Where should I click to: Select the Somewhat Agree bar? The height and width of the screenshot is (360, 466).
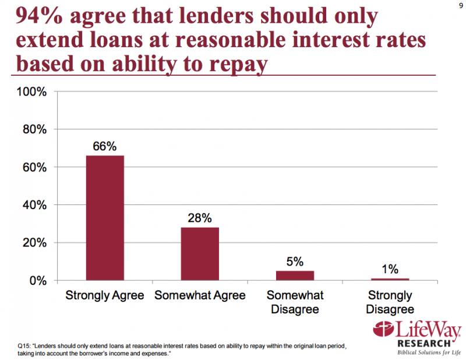tap(200, 253)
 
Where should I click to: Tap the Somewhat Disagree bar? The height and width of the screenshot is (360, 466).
tap(295, 276)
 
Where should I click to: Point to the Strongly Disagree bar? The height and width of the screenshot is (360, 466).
tap(390, 279)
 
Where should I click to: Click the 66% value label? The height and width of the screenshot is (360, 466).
tap(105, 146)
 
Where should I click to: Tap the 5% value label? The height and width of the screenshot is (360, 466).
tap(295, 261)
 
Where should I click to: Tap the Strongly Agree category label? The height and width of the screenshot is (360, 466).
tap(105, 295)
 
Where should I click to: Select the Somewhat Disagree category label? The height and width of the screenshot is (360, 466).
tap(295, 302)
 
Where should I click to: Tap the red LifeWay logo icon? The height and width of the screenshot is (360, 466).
tap(384, 330)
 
